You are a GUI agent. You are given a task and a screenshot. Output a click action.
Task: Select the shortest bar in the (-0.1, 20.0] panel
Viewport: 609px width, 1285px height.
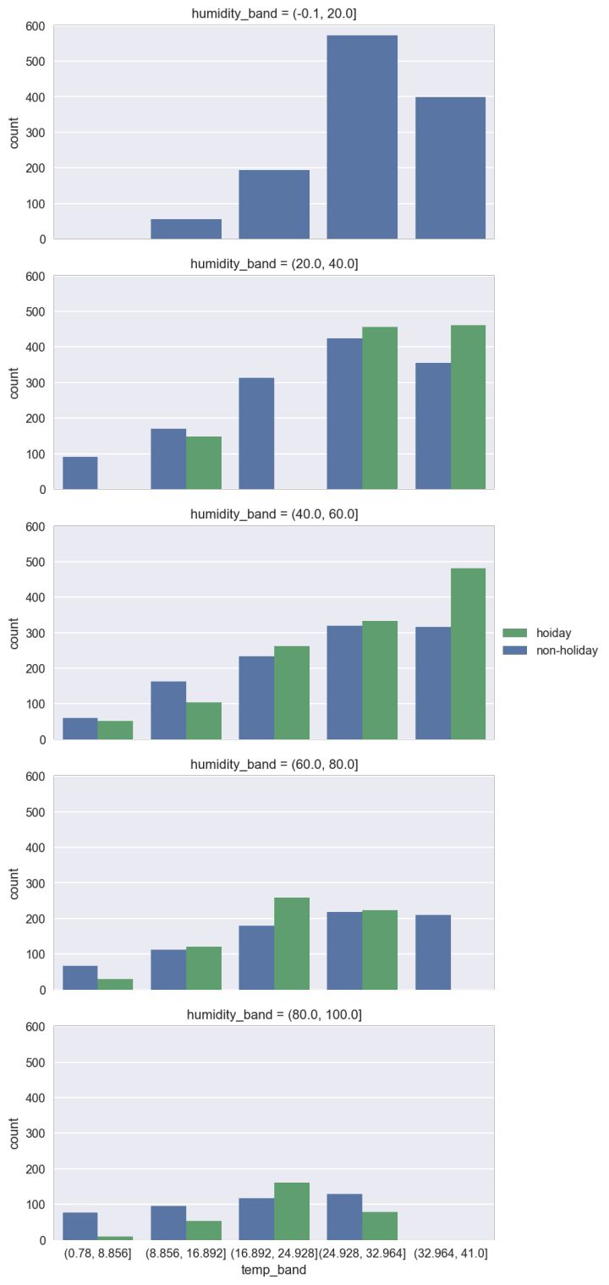tap(186, 229)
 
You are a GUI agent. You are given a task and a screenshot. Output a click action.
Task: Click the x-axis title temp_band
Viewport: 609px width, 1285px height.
tap(273, 1270)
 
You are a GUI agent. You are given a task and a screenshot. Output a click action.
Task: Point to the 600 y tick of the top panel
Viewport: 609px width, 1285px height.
tap(35, 26)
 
